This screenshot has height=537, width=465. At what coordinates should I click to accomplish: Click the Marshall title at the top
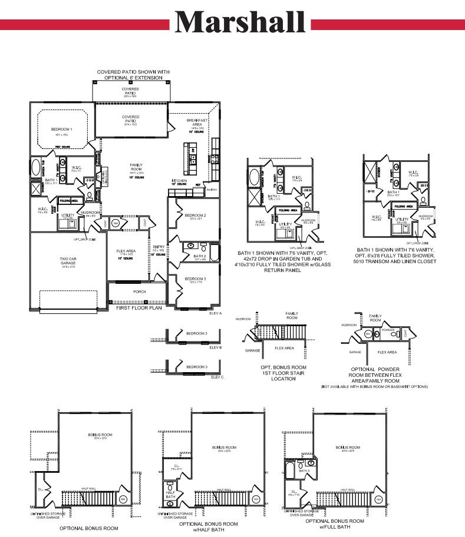pyautogui.click(x=240, y=22)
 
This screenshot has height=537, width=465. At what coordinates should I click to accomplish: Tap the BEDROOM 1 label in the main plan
pyautogui.click(x=62, y=129)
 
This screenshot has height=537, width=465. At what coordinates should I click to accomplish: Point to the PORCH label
pyautogui.click(x=139, y=291)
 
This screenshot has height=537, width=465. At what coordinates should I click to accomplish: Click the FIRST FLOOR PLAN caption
pyautogui.click(x=140, y=308)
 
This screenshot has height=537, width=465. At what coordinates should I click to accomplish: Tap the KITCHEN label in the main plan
pyautogui.click(x=180, y=180)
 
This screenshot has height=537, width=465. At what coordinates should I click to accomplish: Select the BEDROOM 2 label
pyautogui.click(x=195, y=216)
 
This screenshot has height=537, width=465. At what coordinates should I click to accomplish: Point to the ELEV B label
pyautogui.click(x=216, y=348)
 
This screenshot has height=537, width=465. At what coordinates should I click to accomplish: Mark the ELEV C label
pyautogui.click(x=217, y=376)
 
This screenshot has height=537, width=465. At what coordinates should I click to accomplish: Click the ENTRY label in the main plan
pyautogui.click(x=159, y=247)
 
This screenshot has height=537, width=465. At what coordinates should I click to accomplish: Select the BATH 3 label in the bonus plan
pyautogui.click(x=304, y=471)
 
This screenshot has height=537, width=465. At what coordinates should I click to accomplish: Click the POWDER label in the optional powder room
pyautogui.click(x=388, y=330)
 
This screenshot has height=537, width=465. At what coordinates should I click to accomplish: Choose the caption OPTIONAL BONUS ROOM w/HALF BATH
pyautogui.click(x=209, y=526)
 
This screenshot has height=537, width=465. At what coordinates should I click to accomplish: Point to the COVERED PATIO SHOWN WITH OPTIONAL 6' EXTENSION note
pyautogui.click(x=133, y=75)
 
